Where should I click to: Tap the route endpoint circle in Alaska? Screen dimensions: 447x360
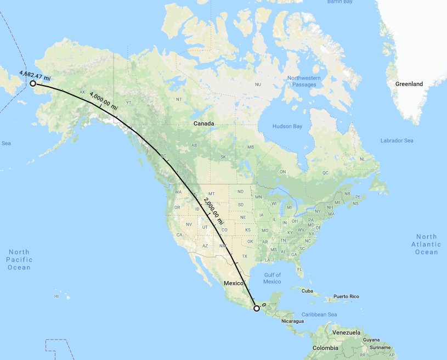[x=33, y=83]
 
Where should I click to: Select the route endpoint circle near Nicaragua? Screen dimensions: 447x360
[x=257, y=308]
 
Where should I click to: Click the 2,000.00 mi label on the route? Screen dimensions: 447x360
[x=213, y=210]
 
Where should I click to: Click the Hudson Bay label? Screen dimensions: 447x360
[x=287, y=127]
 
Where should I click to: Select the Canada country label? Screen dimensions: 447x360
[x=203, y=124]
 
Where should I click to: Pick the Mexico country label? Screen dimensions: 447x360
[x=233, y=283]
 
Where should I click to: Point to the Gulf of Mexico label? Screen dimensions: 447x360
[x=271, y=278]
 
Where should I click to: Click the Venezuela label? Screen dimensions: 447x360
[x=344, y=333]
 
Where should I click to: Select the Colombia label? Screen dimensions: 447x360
[x=310, y=348]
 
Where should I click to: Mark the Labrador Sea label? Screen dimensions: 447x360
[x=397, y=141]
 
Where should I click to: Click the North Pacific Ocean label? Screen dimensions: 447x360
[x=19, y=260]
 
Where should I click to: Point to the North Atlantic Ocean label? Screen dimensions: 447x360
[x=426, y=244]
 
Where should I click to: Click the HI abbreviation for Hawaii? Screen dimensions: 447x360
[x=56, y=296]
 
